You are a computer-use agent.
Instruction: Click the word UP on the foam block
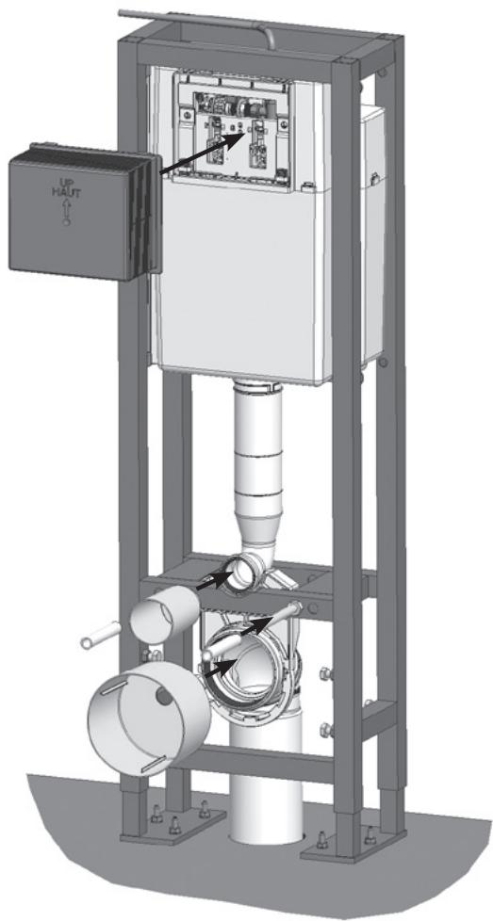click(x=65, y=182)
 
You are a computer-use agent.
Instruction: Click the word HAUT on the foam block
click(x=65, y=193)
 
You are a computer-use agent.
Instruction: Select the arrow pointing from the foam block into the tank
click(x=203, y=153)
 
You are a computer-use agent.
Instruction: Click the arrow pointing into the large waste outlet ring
click(x=221, y=669)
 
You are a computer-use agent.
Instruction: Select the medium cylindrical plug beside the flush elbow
click(x=165, y=613)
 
